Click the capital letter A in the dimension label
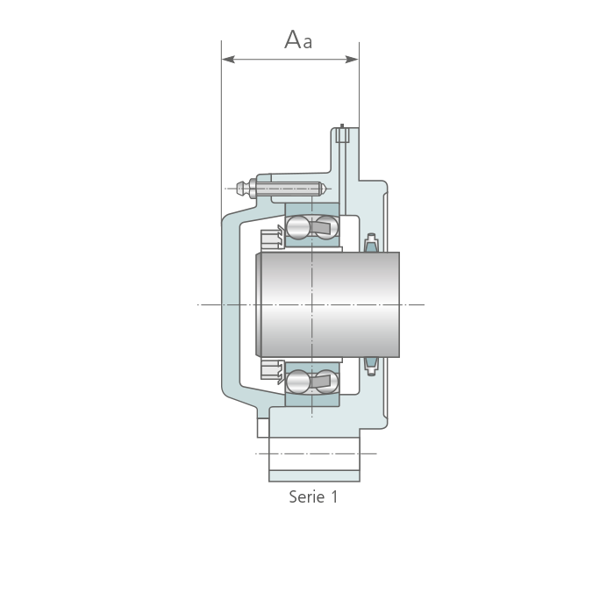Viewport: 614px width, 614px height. tap(293, 39)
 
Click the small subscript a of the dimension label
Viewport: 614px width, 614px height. tap(308, 42)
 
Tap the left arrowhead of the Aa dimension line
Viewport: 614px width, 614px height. tap(228, 60)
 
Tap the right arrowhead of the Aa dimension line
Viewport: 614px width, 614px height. tap(352, 60)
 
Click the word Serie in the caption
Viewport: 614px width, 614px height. tap(307, 497)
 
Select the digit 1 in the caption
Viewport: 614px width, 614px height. tap(334, 497)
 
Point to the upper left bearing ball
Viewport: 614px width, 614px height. tap(297, 226)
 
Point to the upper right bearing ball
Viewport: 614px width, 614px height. tap(327, 226)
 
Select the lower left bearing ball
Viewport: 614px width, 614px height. tap(297, 382)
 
